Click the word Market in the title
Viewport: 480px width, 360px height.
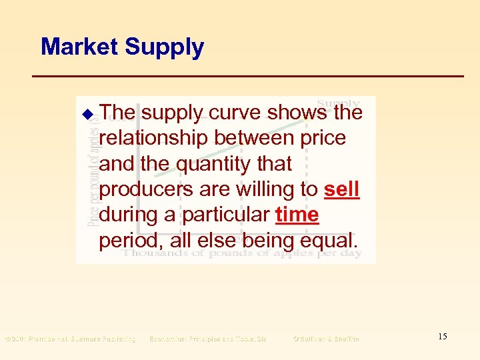click(x=79, y=47)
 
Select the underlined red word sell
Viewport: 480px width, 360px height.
click(x=341, y=190)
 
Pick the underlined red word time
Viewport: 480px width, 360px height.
click(x=297, y=215)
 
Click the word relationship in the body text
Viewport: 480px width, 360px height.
click(x=155, y=139)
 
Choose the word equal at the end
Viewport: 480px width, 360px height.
click(x=331, y=241)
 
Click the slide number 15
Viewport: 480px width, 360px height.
click(x=443, y=337)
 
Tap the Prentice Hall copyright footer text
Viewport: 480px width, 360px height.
click(x=70, y=339)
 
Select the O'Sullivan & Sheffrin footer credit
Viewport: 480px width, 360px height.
click(x=326, y=339)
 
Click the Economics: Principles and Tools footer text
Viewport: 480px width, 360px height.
click(x=207, y=339)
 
